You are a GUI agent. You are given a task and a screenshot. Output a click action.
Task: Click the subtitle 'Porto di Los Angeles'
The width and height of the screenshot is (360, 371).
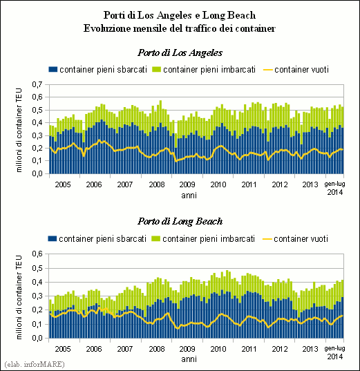click(x=180, y=53)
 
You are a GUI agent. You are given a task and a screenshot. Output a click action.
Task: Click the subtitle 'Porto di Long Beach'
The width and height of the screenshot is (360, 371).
click(x=180, y=222)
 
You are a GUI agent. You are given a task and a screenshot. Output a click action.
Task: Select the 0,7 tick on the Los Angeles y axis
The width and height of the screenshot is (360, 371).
click(x=37, y=84)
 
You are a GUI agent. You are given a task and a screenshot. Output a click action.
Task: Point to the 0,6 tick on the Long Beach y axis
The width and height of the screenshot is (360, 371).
click(x=37, y=254)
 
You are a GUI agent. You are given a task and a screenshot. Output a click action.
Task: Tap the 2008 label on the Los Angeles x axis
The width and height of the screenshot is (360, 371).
click(x=156, y=184)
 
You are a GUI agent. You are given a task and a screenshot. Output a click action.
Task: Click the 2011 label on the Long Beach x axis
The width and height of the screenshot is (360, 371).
click(x=249, y=349)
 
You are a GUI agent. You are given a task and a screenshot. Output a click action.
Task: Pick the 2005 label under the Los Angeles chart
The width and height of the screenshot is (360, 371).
click(x=63, y=184)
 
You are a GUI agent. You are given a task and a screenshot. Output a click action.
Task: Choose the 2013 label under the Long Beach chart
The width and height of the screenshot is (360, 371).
click(x=310, y=349)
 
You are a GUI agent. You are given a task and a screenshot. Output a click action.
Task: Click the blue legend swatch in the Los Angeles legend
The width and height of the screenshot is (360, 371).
click(x=53, y=70)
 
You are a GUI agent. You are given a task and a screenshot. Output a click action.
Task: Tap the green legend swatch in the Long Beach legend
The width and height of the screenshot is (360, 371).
click(x=155, y=239)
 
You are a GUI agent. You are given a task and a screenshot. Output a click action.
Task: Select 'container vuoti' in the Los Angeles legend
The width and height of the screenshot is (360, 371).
click(x=301, y=70)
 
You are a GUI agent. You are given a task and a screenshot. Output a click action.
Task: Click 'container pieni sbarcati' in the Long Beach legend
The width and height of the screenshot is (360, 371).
click(x=103, y=239)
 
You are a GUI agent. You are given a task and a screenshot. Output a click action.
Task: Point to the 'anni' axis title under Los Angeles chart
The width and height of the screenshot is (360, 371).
click(x=189, y=196)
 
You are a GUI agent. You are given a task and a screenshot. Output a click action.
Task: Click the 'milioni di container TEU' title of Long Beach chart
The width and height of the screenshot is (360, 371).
click(x=19, y=297)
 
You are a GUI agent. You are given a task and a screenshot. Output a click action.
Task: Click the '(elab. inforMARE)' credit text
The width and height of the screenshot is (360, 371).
click(x=35, y=364)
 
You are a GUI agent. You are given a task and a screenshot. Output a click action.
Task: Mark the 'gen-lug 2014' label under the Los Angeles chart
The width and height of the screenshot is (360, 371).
click(x=334, y=188)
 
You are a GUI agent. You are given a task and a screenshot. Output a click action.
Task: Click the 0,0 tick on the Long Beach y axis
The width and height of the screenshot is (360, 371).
click(x=37, y=338)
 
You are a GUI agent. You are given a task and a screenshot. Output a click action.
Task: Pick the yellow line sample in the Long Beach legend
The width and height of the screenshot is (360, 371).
click(x=267, y=239)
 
